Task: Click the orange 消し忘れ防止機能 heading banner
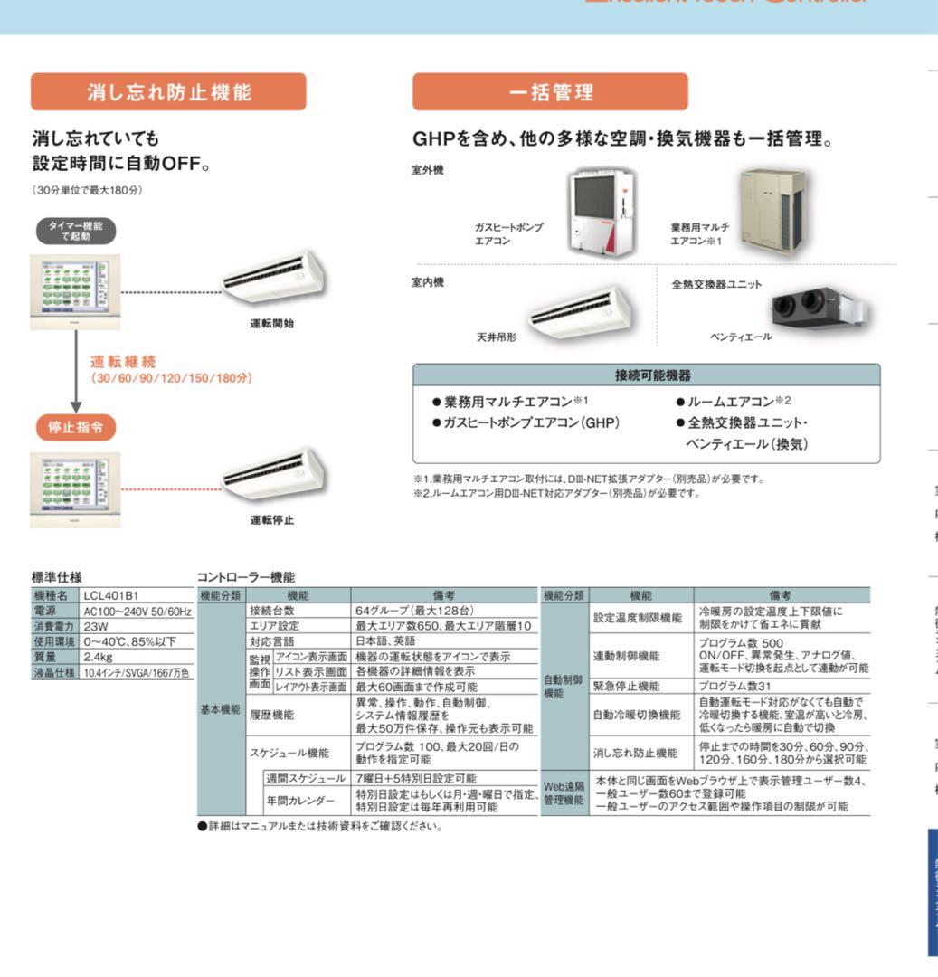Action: [168, 91]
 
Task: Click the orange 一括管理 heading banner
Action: [550, 91]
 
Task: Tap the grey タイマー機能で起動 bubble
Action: [76, 231]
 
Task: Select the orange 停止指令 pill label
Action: [76, 427]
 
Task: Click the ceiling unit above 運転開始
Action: [274, 277]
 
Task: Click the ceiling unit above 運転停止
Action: [274, 473]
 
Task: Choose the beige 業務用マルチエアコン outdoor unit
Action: [772, 212]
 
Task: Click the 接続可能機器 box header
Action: [646, 375]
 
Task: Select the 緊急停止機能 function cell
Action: [640, 686]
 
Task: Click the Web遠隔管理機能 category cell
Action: [564, 793]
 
